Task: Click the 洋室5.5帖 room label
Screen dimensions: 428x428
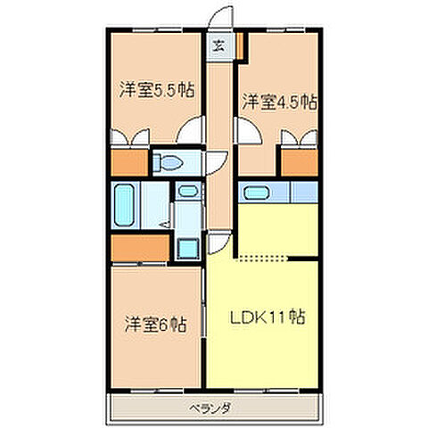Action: tap(157, 90)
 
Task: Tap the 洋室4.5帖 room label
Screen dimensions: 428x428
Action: tap(277, 103)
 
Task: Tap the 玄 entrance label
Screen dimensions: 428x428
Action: tap(218, 43)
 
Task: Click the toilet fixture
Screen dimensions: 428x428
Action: tap(168, 162)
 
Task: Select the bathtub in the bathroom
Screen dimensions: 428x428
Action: tap(125, 208)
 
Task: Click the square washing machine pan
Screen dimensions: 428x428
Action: tap(187, 248)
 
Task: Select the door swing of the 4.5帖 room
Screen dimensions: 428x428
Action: tap(249, 135)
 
